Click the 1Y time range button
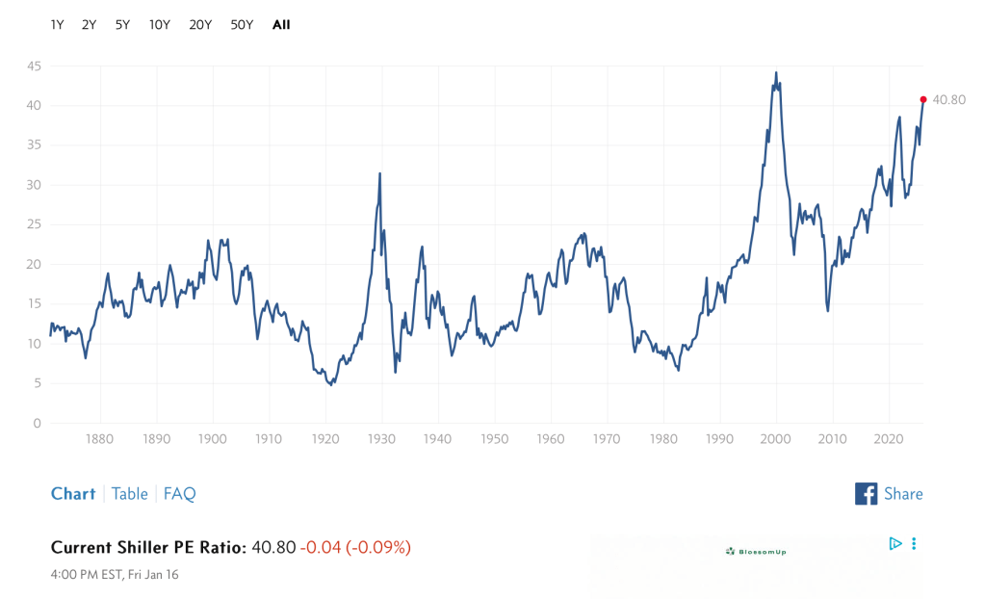[57, 25]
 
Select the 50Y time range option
[242, 25]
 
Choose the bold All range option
[281, 25]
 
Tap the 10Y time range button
[160, 25]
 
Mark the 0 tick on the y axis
[36, 424]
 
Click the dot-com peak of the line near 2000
[776, 72]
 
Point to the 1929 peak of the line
[380, 173]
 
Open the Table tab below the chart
[129, 494]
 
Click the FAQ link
[179, 494]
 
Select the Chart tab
[73, 494]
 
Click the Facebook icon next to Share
[866, 494]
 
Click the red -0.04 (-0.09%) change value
[355, 548]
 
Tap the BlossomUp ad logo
[756, 551]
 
